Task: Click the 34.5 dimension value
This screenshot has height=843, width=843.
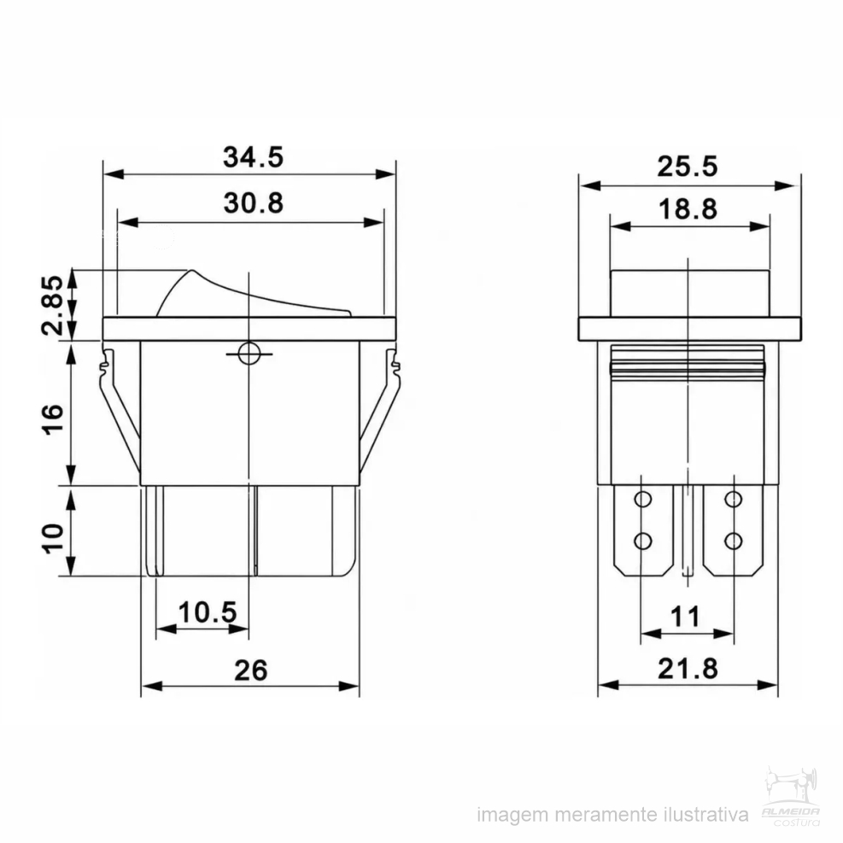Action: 253,157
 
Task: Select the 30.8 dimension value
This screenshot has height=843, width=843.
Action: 253,203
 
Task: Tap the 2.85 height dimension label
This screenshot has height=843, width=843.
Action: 53,306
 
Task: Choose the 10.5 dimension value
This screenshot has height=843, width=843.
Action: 207,612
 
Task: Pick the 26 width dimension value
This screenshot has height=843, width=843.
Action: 250,670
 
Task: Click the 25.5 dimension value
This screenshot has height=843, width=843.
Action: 687,167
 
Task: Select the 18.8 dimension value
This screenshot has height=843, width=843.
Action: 688,209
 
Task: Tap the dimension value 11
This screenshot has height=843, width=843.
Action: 686,617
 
